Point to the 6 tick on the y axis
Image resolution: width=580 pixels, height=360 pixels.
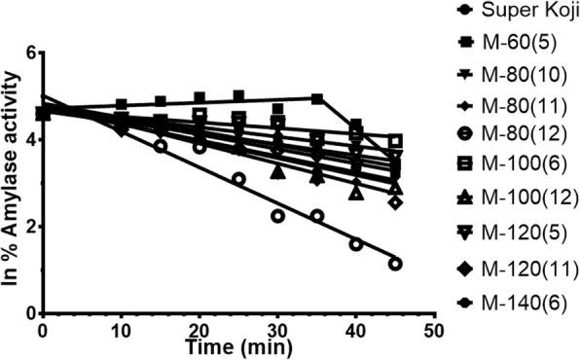tap(29, 53)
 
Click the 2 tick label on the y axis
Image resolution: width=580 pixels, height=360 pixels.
tap(29, 227)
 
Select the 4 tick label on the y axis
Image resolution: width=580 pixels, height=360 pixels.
tap(29, 139)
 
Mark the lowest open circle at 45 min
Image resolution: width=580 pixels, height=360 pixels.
tap(394, 264)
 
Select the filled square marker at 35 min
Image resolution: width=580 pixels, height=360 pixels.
tap(316, 98)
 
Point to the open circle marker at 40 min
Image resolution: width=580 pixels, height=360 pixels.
tap(355, 244)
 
